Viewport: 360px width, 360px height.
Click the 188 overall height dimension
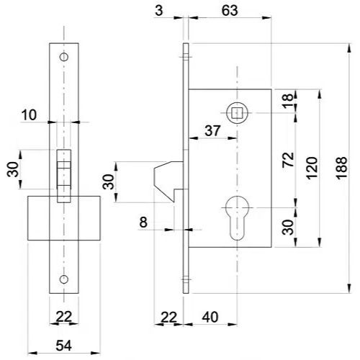point(341,168)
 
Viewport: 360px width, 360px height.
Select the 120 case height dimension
point(312,168)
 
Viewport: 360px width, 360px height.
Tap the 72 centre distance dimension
point(288,160)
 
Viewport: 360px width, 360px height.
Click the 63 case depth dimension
point(230,11)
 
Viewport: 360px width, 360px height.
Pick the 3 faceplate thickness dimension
point(159,11)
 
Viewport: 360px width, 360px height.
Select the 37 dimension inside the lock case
point(212,131)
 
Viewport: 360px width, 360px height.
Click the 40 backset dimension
point(210,317)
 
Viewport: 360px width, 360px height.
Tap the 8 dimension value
point(143,222)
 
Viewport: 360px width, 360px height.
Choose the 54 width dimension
point(63,346)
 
